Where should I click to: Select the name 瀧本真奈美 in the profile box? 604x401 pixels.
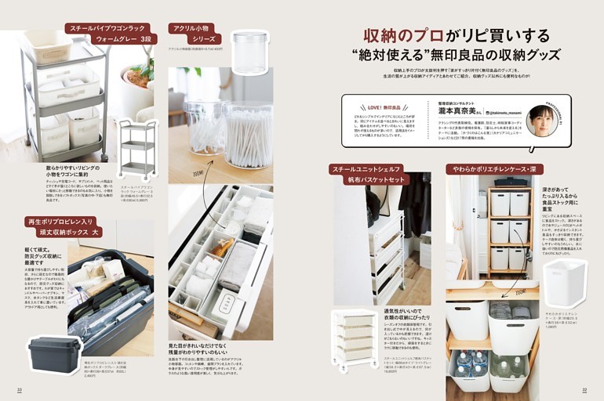[460, 112]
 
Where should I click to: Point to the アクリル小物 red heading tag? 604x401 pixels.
[192, 33]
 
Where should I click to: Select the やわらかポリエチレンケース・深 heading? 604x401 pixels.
[494, 168]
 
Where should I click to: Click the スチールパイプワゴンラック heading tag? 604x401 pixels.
[110, 27]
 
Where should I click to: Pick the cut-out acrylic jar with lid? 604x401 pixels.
[249, 53]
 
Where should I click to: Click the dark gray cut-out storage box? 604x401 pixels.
[54, 355]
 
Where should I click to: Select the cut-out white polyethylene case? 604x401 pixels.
[564, 283]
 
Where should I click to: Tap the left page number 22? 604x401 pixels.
[20, 389]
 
